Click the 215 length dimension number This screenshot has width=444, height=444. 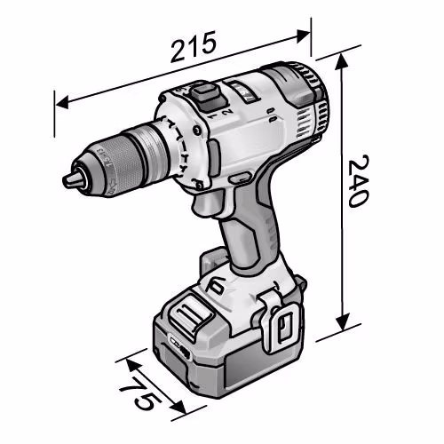click(193, 47)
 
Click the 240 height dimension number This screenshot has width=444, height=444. click(359, 180)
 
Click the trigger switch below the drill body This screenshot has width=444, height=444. click(207, 204)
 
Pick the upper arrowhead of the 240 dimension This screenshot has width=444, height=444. click(341, 63)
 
